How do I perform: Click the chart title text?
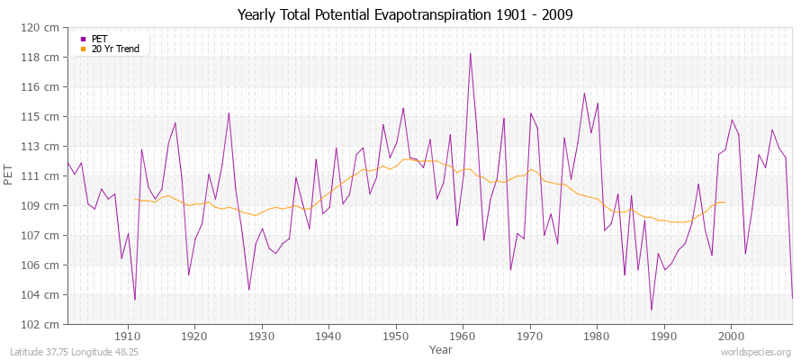point(405,14)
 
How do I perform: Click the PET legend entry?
point(100,39)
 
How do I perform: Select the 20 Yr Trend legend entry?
point(115,49)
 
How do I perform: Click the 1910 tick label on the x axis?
point(128,337)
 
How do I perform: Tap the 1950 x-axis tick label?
point(395,337)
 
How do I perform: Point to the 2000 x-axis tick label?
point(731,337)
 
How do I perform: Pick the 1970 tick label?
point(529,337)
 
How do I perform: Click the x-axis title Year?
point(441,349)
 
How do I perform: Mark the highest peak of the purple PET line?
point(470,53)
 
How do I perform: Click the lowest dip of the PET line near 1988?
point(651,310)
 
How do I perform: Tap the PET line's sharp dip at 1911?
point(135,300)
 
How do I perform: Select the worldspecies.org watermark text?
point(756,353)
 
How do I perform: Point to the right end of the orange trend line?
point(725,202)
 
